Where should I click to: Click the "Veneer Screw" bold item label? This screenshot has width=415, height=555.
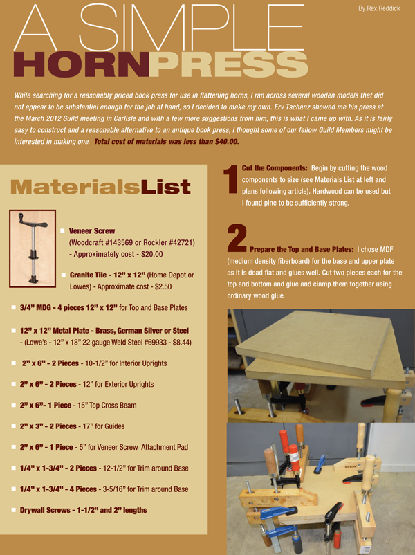pyautogui.click(x=92, y=230)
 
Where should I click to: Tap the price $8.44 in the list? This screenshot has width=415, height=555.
pyautogui.click(x=181, y=341)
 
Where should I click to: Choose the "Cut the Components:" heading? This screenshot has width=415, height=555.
pyautogui.click(x=275, y=169)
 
